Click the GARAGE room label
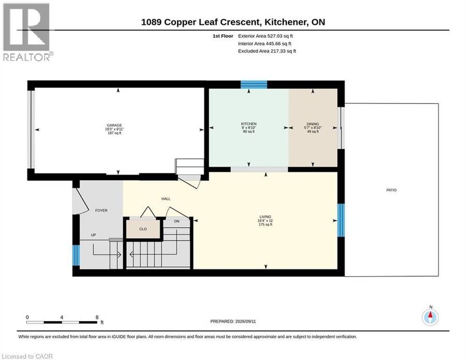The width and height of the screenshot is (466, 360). coord(114,125)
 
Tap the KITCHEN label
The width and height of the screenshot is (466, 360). coord(249,124)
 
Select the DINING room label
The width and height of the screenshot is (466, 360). coord(313,124)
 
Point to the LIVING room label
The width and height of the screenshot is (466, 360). coord(265,217)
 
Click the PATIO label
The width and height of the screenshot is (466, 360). coord(391,190)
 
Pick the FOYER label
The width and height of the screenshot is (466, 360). coord(101,210)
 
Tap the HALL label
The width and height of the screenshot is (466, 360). coord(166,198)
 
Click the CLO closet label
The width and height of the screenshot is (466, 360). coord(143,229)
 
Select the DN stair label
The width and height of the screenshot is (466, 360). coord(177,221)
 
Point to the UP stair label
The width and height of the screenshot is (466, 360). coord(93,235)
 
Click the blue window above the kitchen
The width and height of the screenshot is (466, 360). coord(254,85)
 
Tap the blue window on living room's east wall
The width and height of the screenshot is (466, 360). coord(341,220)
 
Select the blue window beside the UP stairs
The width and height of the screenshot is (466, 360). coord(77,255)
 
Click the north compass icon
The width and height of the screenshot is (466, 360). coord(430,317)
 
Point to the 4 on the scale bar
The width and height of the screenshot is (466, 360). coord(62,317)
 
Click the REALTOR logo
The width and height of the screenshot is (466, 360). coord(27,32)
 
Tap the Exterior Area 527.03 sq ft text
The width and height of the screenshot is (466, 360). coord(266,36)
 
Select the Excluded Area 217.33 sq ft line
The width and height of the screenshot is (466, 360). coord(267,51)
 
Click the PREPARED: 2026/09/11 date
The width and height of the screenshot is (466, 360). coord(233,321)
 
